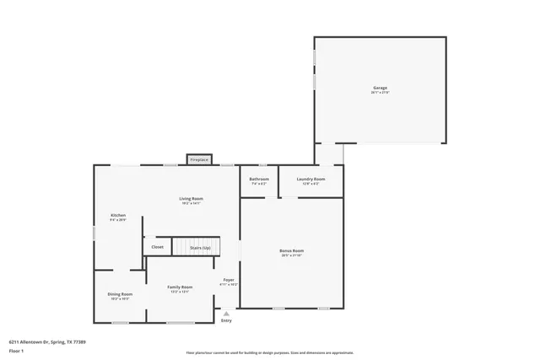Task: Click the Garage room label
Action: pos(381,88)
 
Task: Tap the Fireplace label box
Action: pos(198,159)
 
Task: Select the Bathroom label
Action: pos(259,179)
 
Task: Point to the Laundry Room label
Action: pos(311,179)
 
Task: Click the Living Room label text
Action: pos(191,198)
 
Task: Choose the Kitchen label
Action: pos(118,215)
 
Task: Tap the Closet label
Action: pos(158,247)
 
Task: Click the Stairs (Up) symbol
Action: pos(196,247)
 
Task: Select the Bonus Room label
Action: pos(292,250)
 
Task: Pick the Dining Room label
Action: pos(120,294)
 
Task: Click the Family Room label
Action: pos(181,287)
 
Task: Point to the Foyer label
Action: pos(229,280)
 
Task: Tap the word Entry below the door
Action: pos(226,320)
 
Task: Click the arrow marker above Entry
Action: pos(226,313)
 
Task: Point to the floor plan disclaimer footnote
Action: pos(270,352)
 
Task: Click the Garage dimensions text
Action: pos(381,93)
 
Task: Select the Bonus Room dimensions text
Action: pos(292,255)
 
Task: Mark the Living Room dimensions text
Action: pos(191,203)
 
